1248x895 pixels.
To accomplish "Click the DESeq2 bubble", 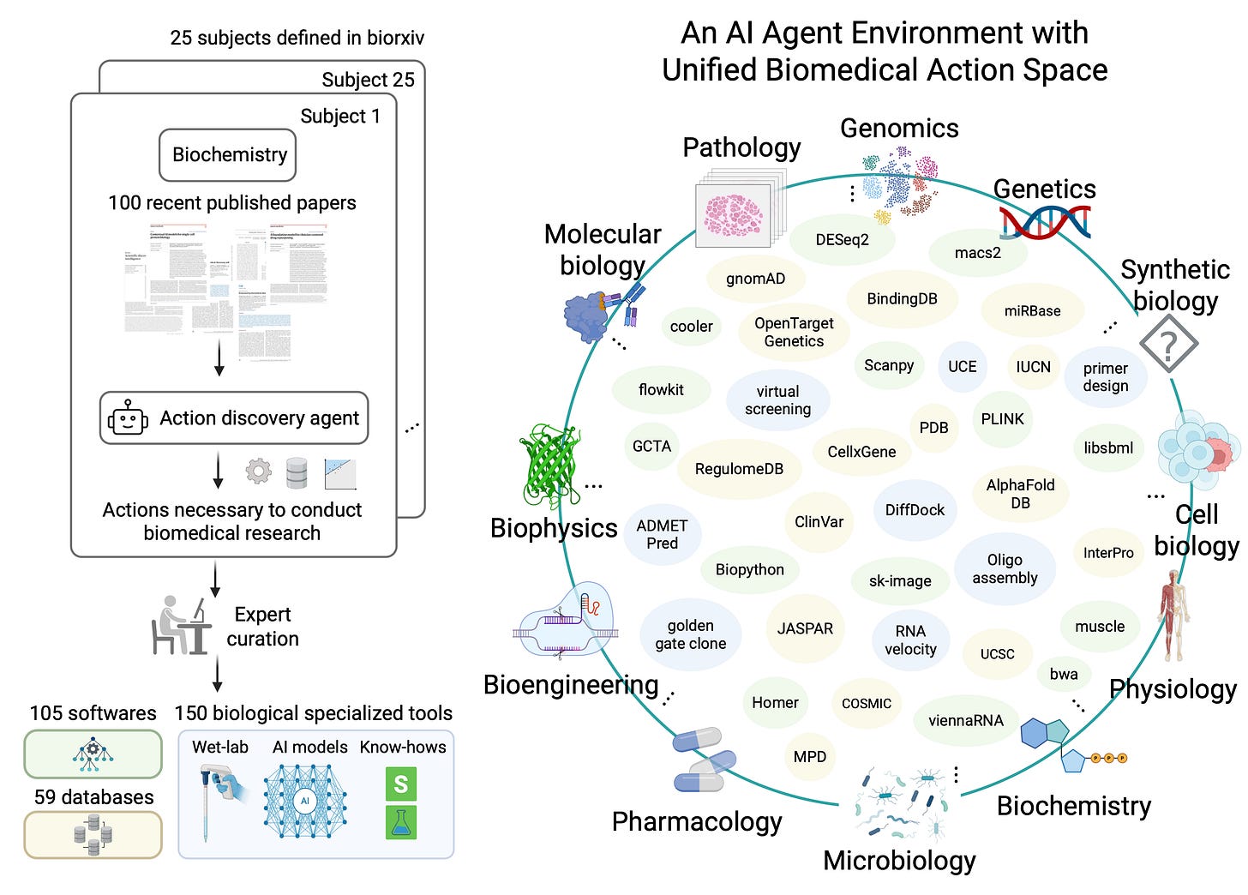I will (842, 240).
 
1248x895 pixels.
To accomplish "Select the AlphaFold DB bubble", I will (1020, 494).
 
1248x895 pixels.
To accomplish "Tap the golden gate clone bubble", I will (690, 634).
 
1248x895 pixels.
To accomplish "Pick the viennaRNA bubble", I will (965, 720).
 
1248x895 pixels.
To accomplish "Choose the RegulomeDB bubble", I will (739, 469).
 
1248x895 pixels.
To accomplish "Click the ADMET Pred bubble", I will (662, 534).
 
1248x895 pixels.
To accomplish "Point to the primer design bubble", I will (1105, 377).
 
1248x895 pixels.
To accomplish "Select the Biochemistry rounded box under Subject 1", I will (228, 155).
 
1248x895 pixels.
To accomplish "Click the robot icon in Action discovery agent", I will (129, 418).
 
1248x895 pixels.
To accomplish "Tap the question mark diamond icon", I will (1168, 344).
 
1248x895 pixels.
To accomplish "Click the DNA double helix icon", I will (1045, 222).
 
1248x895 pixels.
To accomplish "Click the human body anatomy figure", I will (1172, 616).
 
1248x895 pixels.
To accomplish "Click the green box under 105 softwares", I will (93, 754).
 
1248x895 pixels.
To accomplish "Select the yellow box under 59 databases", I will (93, 835).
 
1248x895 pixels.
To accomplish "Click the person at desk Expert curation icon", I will (181, 626).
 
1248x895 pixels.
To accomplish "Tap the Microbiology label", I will (899, 860).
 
